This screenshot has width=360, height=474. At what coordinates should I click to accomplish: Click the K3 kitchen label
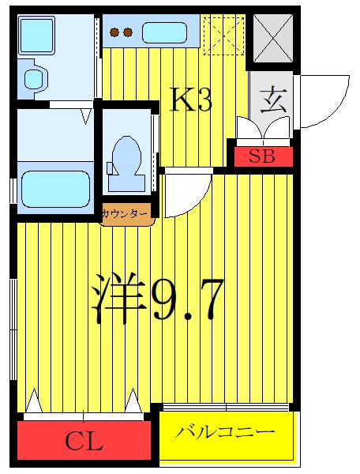pyautogui.click(x=191, y=99)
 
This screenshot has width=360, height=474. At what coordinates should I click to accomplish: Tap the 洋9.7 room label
pyautogui.click(x=158, y=298)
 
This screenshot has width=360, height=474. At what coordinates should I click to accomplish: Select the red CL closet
pyautogui.click(x=84, y=440)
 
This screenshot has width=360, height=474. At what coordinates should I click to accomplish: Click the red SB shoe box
pyautogui.click(x=264, y=156)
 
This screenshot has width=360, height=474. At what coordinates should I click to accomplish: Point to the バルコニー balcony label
pyautogui.click(x=225, y=432)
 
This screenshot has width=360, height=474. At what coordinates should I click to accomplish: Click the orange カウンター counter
pyautogui.click(x=126, y=214)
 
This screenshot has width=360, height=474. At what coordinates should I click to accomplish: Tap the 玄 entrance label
pyautogui.click(x=272, y=100)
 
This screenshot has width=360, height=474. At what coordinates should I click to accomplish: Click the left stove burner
pyautogui.click(x=114, y=32)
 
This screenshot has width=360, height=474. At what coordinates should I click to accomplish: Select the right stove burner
pyautogui.click(x=128, y=32)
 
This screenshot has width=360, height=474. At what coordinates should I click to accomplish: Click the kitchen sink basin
pyautogui.click(x=164, y=32)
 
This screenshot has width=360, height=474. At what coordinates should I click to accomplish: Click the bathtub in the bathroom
pyautogui.click(x=55, y=190)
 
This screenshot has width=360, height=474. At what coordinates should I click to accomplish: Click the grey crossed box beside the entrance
pyautogui.click(x=273, y=38)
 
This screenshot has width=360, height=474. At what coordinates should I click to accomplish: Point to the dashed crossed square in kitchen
pyautogui.click(x=223, y=36)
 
